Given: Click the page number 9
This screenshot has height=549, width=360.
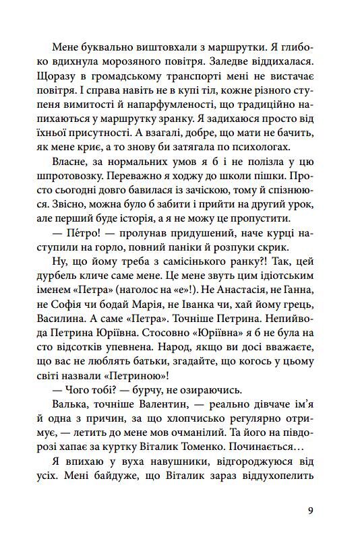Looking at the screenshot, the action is click(x=309, y=510).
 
